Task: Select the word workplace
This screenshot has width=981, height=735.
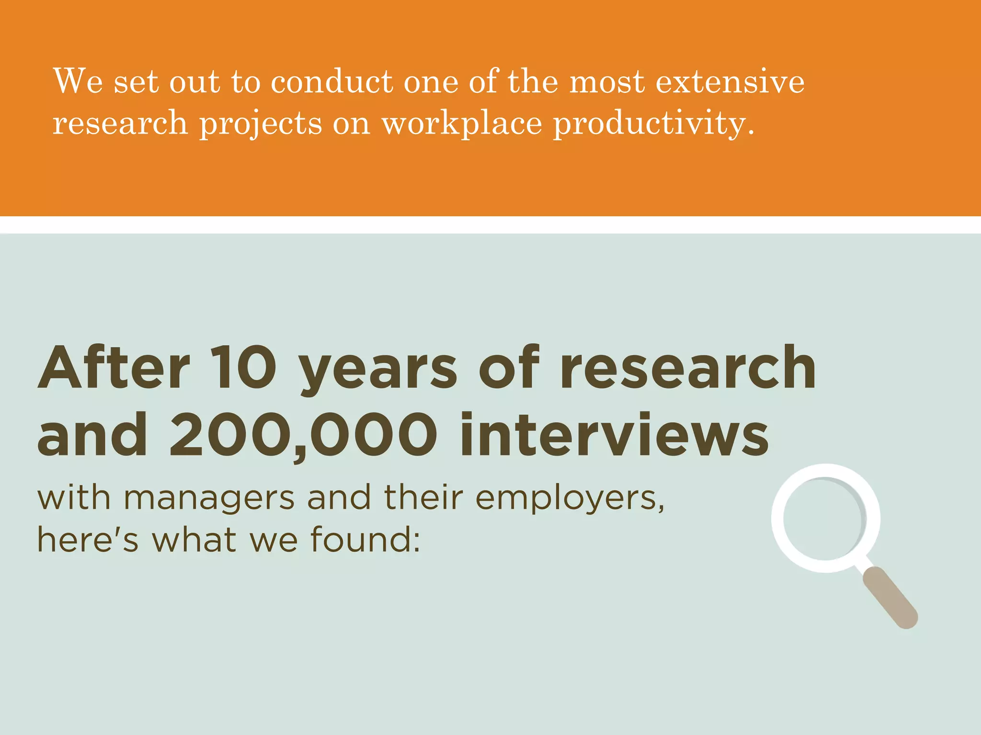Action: tap(462, 123)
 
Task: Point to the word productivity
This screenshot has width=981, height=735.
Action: tap(654, 123)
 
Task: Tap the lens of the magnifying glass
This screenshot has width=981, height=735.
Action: tap(825, 518)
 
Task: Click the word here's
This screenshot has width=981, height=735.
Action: tap(88, 539)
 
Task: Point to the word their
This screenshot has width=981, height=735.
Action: tap(423, 498)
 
